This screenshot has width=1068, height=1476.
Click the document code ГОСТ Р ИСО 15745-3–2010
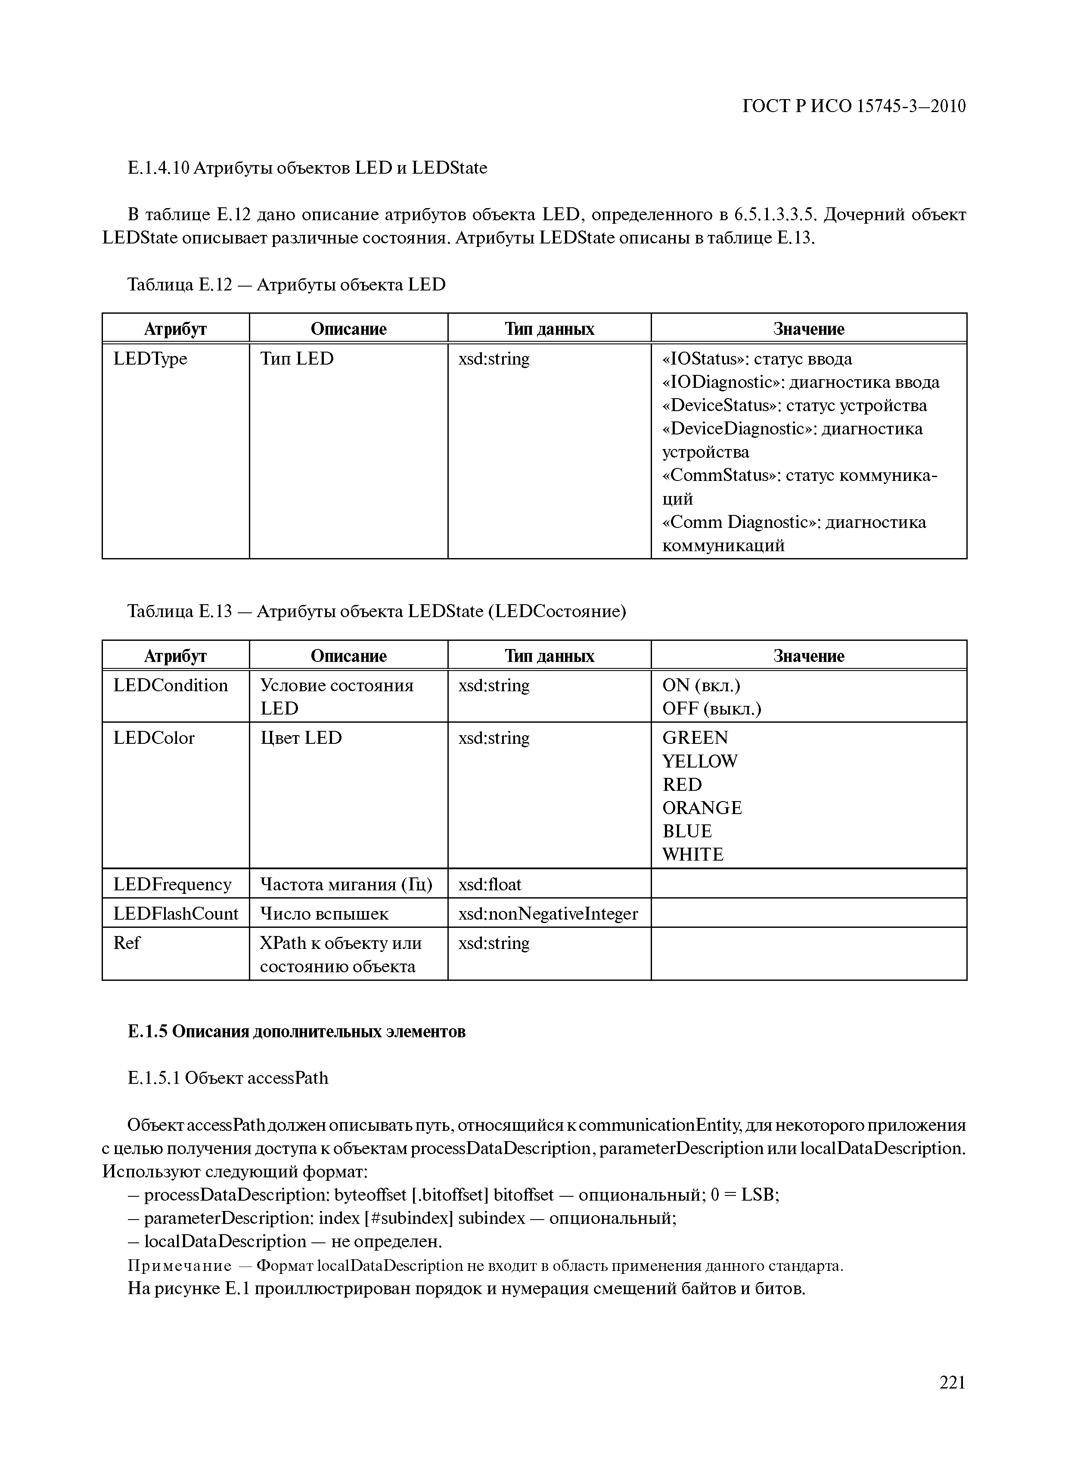pyautogui.click(x=854, y=106)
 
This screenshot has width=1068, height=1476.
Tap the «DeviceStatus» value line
pyautogui.click(x=794, y=406)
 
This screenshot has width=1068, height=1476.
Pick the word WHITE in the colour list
pyautogui.click(x=693, y=855)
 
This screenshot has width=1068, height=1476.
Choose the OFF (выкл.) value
pyautogui.click(x=711, y=709)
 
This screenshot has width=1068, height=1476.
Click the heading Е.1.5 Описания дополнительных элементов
pyautogui.click(x=297, y=1032)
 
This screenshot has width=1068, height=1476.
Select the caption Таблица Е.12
pyautogui.click(x=286, y=284)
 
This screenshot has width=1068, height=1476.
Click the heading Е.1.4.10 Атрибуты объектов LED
pyautogui.click(x=307, y=168)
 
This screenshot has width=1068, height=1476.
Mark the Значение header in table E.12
pyautogui.click(x=808, y=329)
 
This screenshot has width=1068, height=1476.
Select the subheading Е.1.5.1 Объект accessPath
pyautogui.click(x=228, y=1078)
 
